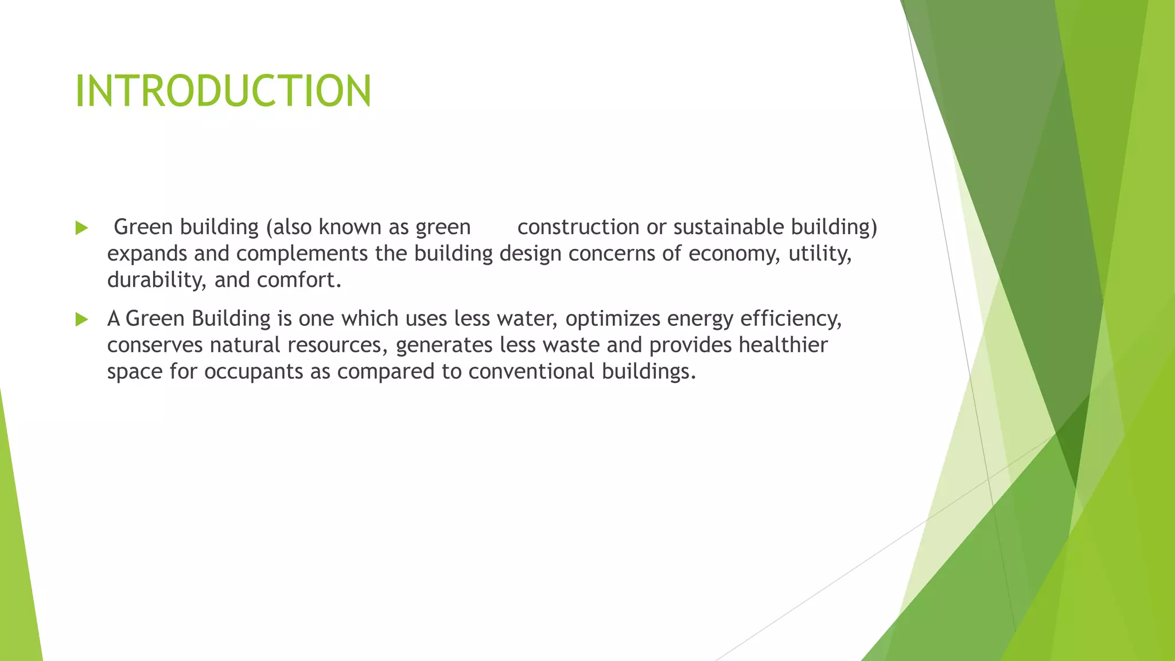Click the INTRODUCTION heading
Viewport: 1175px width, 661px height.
tap(223, 91)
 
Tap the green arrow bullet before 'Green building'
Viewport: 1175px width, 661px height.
tap(81, 228)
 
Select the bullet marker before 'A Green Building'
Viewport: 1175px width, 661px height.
tap(81, 320)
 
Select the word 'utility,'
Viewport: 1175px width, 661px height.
tap(820, 254)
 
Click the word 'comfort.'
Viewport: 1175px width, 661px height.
tap(299, 280)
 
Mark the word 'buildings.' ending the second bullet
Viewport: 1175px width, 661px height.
tap(648, 371)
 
